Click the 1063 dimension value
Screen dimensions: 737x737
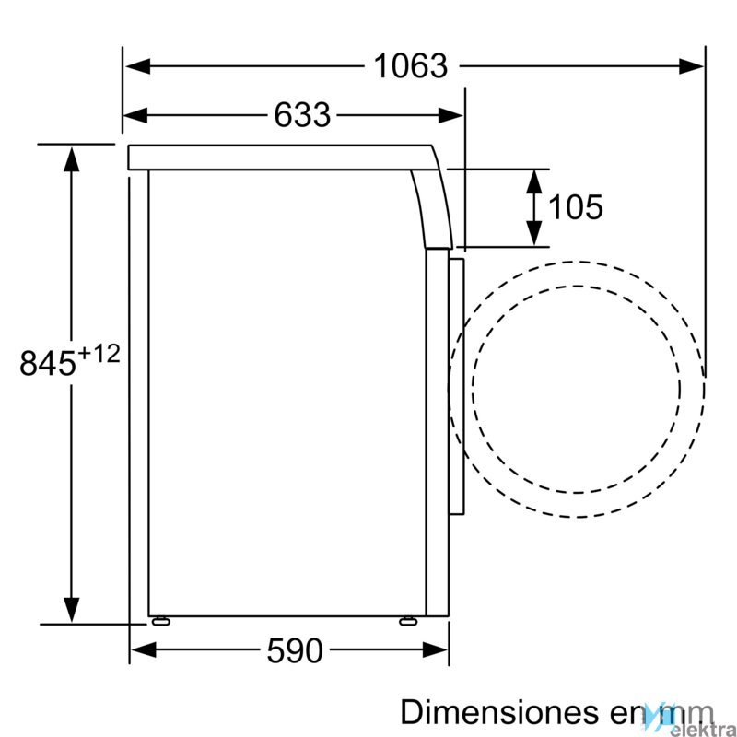pos(410,65)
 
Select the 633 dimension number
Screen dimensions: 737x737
pos(302,114)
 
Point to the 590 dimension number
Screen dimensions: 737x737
pos(295,650)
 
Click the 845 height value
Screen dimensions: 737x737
pos(48,362)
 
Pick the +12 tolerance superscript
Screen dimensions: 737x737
pos(99,355)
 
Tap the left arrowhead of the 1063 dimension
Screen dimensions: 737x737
pos(137,66)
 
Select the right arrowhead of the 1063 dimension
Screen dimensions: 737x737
pos(691,66)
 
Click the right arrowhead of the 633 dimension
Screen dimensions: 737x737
pos(450,115)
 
